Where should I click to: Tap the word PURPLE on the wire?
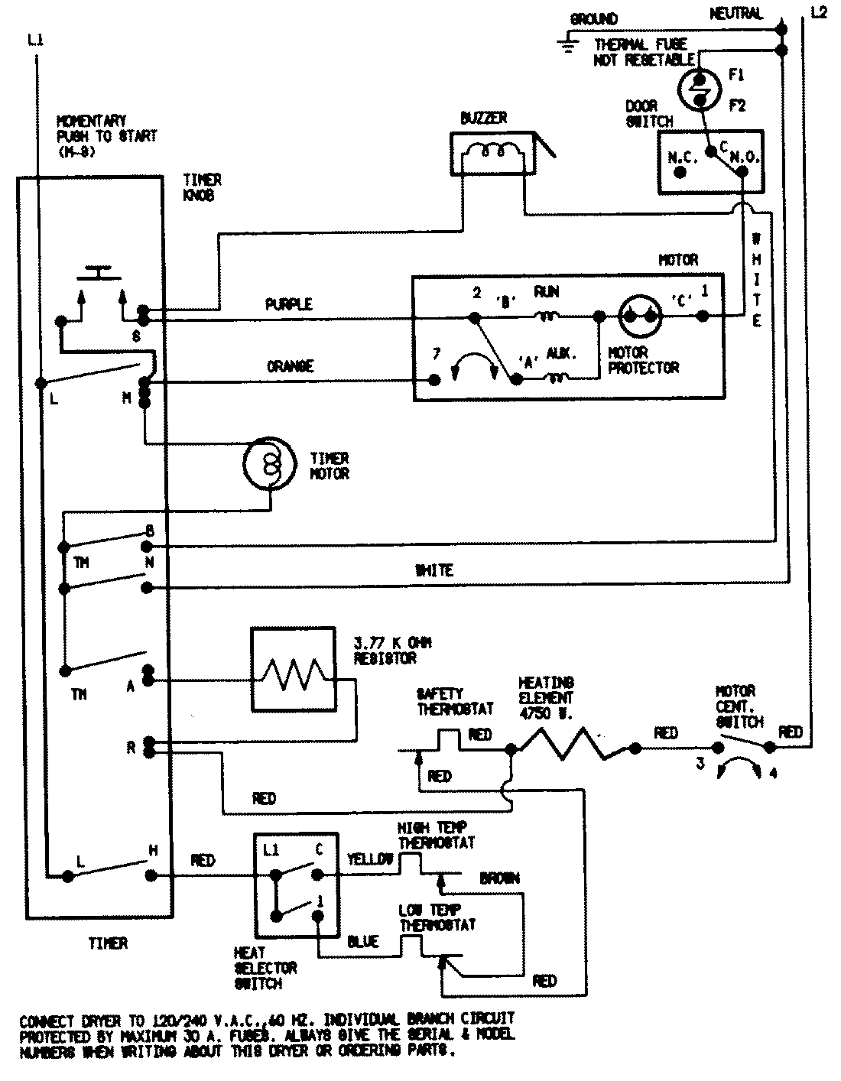(x=288, y=304)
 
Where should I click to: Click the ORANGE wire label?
(x=290, y=366)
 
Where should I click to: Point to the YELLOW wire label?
(x=371, y=859)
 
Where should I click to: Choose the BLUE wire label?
(x=362, y=942)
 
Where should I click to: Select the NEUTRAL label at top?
(x=735, y=13)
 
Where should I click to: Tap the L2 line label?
(x=819, y=13)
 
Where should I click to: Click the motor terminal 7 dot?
(x=434, y=379)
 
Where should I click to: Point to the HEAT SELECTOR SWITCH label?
(x=265, y=968)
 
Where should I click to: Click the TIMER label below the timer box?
(x=108, y=943)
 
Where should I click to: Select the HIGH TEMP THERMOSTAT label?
(x=436, y=835)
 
